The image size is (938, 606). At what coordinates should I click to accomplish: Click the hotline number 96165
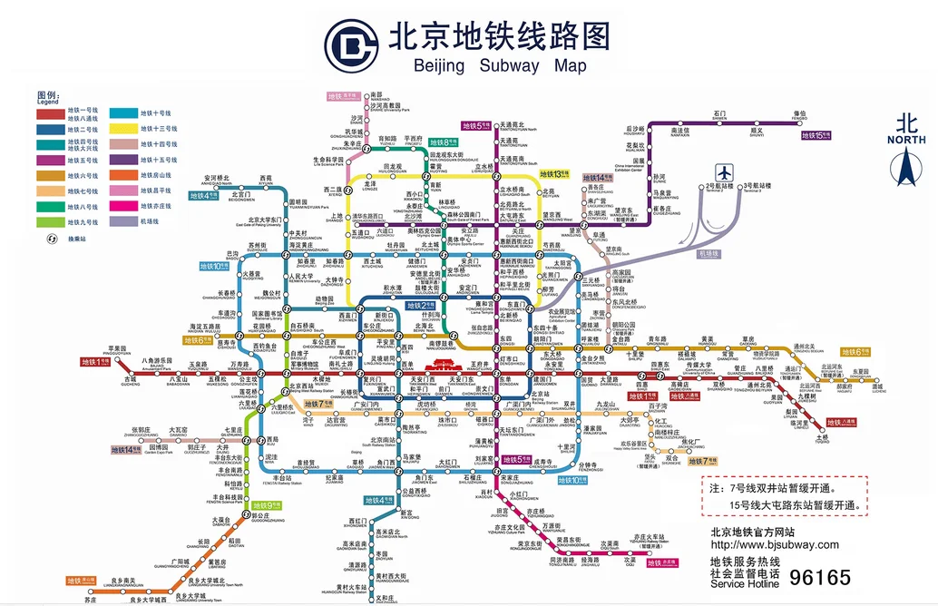click(x=820, y=578)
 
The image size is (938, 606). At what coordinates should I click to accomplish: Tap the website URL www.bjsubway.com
click(x=775, y=544)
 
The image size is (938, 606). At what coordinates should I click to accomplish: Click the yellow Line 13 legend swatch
click(x=124, y=129)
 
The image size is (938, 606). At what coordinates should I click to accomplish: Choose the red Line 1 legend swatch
click(x=52, y=112)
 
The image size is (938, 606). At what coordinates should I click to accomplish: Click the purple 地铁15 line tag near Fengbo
click(x=816, y=135)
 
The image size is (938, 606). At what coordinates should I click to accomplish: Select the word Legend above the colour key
click(x=48, y=102)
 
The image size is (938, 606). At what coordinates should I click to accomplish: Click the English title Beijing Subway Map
click(x=500, y=65)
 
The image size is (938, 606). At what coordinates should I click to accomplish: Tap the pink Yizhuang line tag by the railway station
click(x=661, y=563)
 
